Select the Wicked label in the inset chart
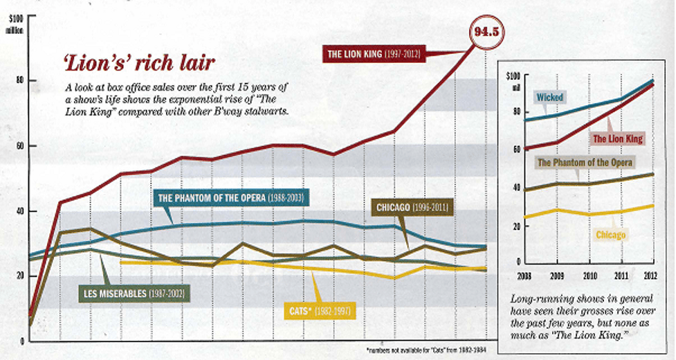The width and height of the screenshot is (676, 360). tap(549, 98)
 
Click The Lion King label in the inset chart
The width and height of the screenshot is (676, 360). tap(617, 139)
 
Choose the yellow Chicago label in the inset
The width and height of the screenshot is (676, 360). tap(610, 235)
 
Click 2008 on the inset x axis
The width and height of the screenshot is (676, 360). tap(524, 276)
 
